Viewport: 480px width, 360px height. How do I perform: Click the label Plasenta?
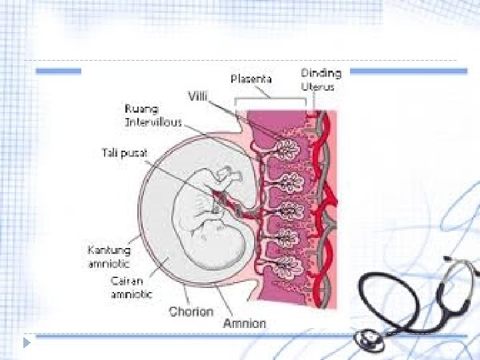[x=251, y=79]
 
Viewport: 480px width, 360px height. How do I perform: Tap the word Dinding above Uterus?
[x=321, y=73]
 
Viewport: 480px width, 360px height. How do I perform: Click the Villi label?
[x=197, y=96]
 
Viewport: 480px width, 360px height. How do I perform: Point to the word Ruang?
[x=142, y=109]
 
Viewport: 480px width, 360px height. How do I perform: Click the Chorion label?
[x=191, y=311]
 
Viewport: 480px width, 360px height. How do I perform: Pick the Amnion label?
[x=245, y=323]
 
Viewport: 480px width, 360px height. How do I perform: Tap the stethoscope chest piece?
[x=368, y=341]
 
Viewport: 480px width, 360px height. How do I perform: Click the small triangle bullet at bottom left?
[x=27, y=343]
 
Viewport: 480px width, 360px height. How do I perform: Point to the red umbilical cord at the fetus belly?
[x=219, y=197]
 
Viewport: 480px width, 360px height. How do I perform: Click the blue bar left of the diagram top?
[x=59, y=71]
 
